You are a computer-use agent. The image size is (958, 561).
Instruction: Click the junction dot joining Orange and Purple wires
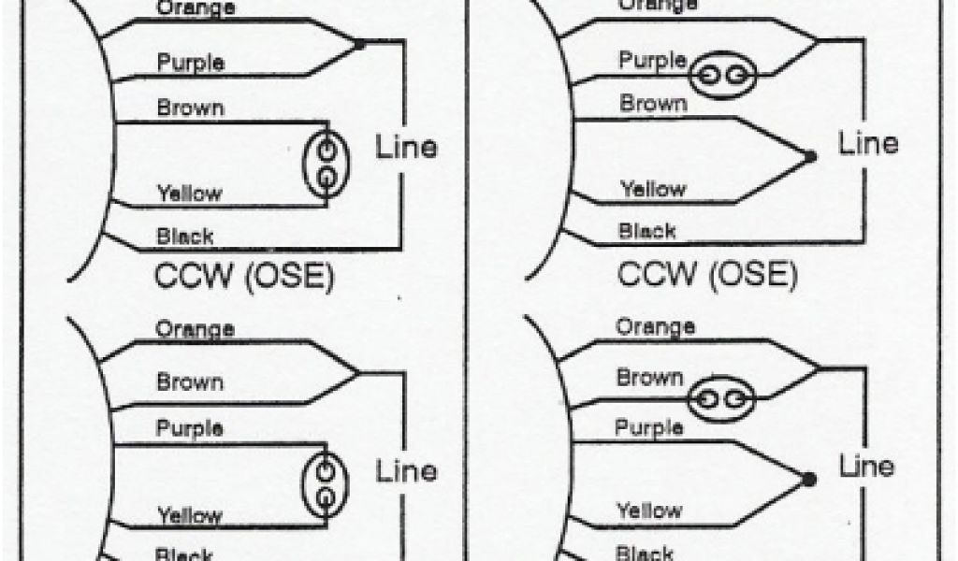pos(359,43)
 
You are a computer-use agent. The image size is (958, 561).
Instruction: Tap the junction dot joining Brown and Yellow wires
pos(810,156)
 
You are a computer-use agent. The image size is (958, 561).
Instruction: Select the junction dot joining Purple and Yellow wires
pos(809,479)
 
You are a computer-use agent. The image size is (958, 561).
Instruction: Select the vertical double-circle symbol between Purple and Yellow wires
pos(324,484)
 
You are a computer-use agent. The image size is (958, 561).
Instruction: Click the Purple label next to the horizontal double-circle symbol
pos(652,61)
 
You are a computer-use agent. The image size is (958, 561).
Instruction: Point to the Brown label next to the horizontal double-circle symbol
pos(649,379)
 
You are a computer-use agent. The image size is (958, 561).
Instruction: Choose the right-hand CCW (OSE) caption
pos(706,274)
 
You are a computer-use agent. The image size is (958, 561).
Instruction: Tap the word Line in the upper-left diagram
pos(406,148)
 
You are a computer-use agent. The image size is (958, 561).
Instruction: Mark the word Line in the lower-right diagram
pos(867,465)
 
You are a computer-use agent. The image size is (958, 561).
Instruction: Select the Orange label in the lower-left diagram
pos(195,329)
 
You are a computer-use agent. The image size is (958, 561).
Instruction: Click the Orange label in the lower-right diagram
pos(655,326)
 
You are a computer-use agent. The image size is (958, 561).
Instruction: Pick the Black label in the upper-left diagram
pos(184,237)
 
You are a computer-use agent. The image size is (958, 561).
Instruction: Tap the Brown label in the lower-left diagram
pos(190,382)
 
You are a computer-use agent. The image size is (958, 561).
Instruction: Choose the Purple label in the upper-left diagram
pos(190,64)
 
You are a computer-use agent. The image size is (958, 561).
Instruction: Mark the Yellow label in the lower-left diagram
pos(189,514)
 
